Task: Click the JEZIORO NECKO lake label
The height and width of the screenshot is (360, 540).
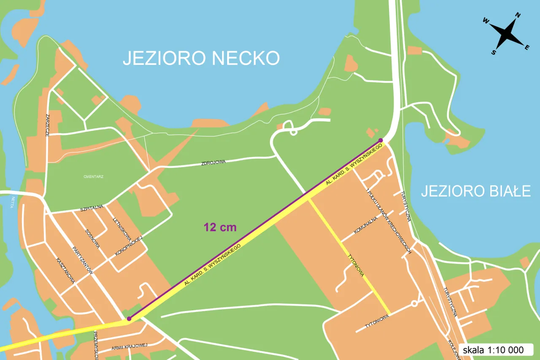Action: click(201, 58)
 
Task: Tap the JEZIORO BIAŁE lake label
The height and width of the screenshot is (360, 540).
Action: click(475, 191)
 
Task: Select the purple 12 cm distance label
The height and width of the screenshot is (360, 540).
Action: click(220, 227)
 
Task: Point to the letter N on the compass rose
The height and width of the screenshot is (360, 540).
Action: click(518, 16)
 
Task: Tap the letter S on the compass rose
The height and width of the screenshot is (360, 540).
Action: click(493, 52)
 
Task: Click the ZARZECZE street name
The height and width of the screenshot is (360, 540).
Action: click(48, 125)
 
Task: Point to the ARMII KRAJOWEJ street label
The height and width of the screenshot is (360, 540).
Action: click(130, 346)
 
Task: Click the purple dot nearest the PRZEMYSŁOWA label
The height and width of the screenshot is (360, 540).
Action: click(129, 319)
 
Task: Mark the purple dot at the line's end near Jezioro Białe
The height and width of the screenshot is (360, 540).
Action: click(381, 140)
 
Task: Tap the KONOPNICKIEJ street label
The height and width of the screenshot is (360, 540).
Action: click(130, 246)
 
